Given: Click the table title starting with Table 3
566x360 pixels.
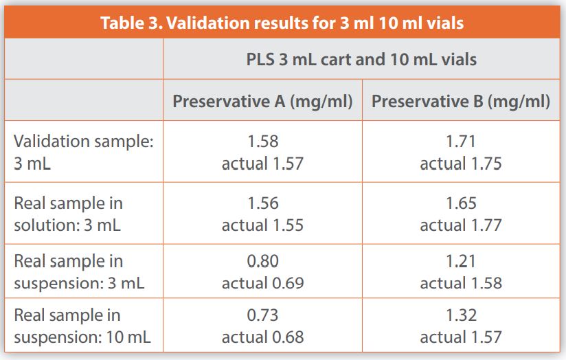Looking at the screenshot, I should point(282,23).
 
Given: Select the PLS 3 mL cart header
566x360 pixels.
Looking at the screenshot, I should point(361,59).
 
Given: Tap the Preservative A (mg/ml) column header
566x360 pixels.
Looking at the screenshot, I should point(262,102).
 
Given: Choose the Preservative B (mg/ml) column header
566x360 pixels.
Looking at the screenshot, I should point(461,102).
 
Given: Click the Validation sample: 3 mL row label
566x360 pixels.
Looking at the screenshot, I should point(83,152).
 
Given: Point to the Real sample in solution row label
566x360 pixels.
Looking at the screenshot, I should point(69,214).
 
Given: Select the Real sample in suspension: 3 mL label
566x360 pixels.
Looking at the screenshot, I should point(79,271).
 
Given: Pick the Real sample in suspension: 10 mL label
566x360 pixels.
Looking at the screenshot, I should point(82,326).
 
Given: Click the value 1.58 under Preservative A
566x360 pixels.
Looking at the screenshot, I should point(262,142).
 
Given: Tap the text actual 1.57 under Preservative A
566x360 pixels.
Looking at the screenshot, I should point(262,164).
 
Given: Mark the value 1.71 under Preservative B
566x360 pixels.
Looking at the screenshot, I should point(461,142).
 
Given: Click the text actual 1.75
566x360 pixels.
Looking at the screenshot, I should point(461,164).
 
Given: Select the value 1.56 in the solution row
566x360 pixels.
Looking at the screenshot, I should point(262,203).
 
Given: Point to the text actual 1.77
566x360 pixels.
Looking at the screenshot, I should point(461,225).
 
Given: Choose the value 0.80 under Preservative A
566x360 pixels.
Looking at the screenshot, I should point(262,261).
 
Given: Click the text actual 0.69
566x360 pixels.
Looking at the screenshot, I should point(262,282).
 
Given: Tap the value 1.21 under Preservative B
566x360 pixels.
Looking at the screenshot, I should point(461,261).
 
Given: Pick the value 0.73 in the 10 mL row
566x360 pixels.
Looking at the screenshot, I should point(262,315).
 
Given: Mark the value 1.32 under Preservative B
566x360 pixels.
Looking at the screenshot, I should point(461,315).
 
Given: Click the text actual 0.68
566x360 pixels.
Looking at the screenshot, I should point(262,337).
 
